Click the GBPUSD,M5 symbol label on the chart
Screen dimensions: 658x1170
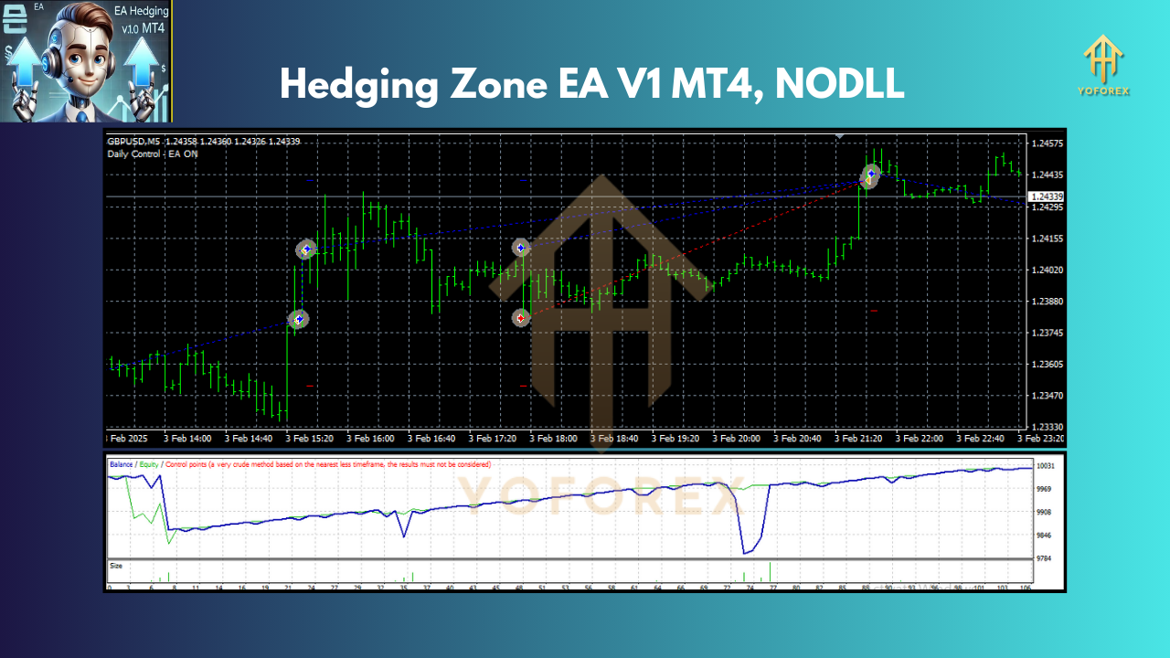pyautogui.click(x=134, y=141)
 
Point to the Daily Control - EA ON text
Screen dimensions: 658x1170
pyautogui.click(x=152, y=154)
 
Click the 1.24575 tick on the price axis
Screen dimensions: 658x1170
pyautogui.click(x=1045, y=144)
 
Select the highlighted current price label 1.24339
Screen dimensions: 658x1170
pyautogui.click(x=1046, y=196)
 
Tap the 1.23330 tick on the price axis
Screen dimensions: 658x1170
pyautogui.click(x=1045, y=427)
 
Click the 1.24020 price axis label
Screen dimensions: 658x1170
pyautogui.click(x=1045, y=270)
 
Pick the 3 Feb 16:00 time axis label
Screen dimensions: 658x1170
pyautogui.click(x=370, y=439)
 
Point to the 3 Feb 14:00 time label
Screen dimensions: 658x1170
pyautogui.click(x=187, y=439)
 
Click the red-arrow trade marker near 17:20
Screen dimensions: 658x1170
pyautogui.click(x=521, y=318)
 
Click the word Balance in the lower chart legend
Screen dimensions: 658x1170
pyautogui.click(x=121, y=464)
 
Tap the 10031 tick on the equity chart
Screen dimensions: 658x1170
pyautogui.click(x=1046, y=466)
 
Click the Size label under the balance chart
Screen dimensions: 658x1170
pyautogui.click(x=116, y=566)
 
